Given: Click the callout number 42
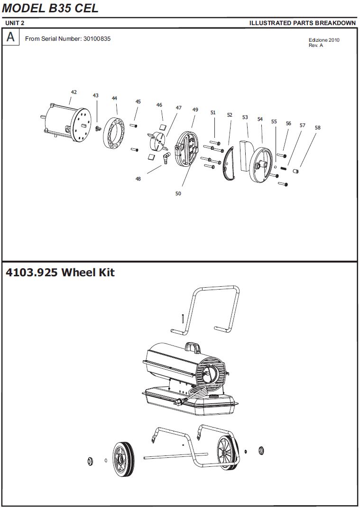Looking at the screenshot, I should (74, 92).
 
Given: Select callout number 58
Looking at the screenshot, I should (317, 127).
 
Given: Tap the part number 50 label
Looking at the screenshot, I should (178, 193).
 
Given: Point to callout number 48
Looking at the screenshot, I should (138, 179).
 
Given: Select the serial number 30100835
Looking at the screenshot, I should (97, 39).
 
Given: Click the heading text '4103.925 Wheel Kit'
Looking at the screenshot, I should (60, 273).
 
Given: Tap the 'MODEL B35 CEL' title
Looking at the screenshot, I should (50, 9).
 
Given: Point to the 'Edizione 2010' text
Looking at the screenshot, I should (324, 40).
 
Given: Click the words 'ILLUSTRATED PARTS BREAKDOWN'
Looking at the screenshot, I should (302, 23).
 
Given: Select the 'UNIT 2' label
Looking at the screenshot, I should (15, 23).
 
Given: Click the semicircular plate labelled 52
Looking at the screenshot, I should (229, 164).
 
